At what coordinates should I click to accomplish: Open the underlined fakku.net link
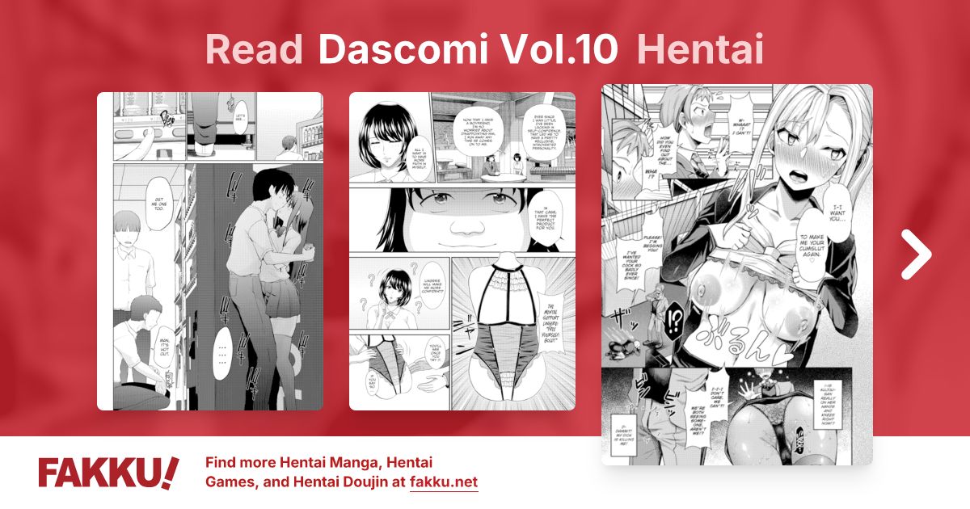tap(444, 483)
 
